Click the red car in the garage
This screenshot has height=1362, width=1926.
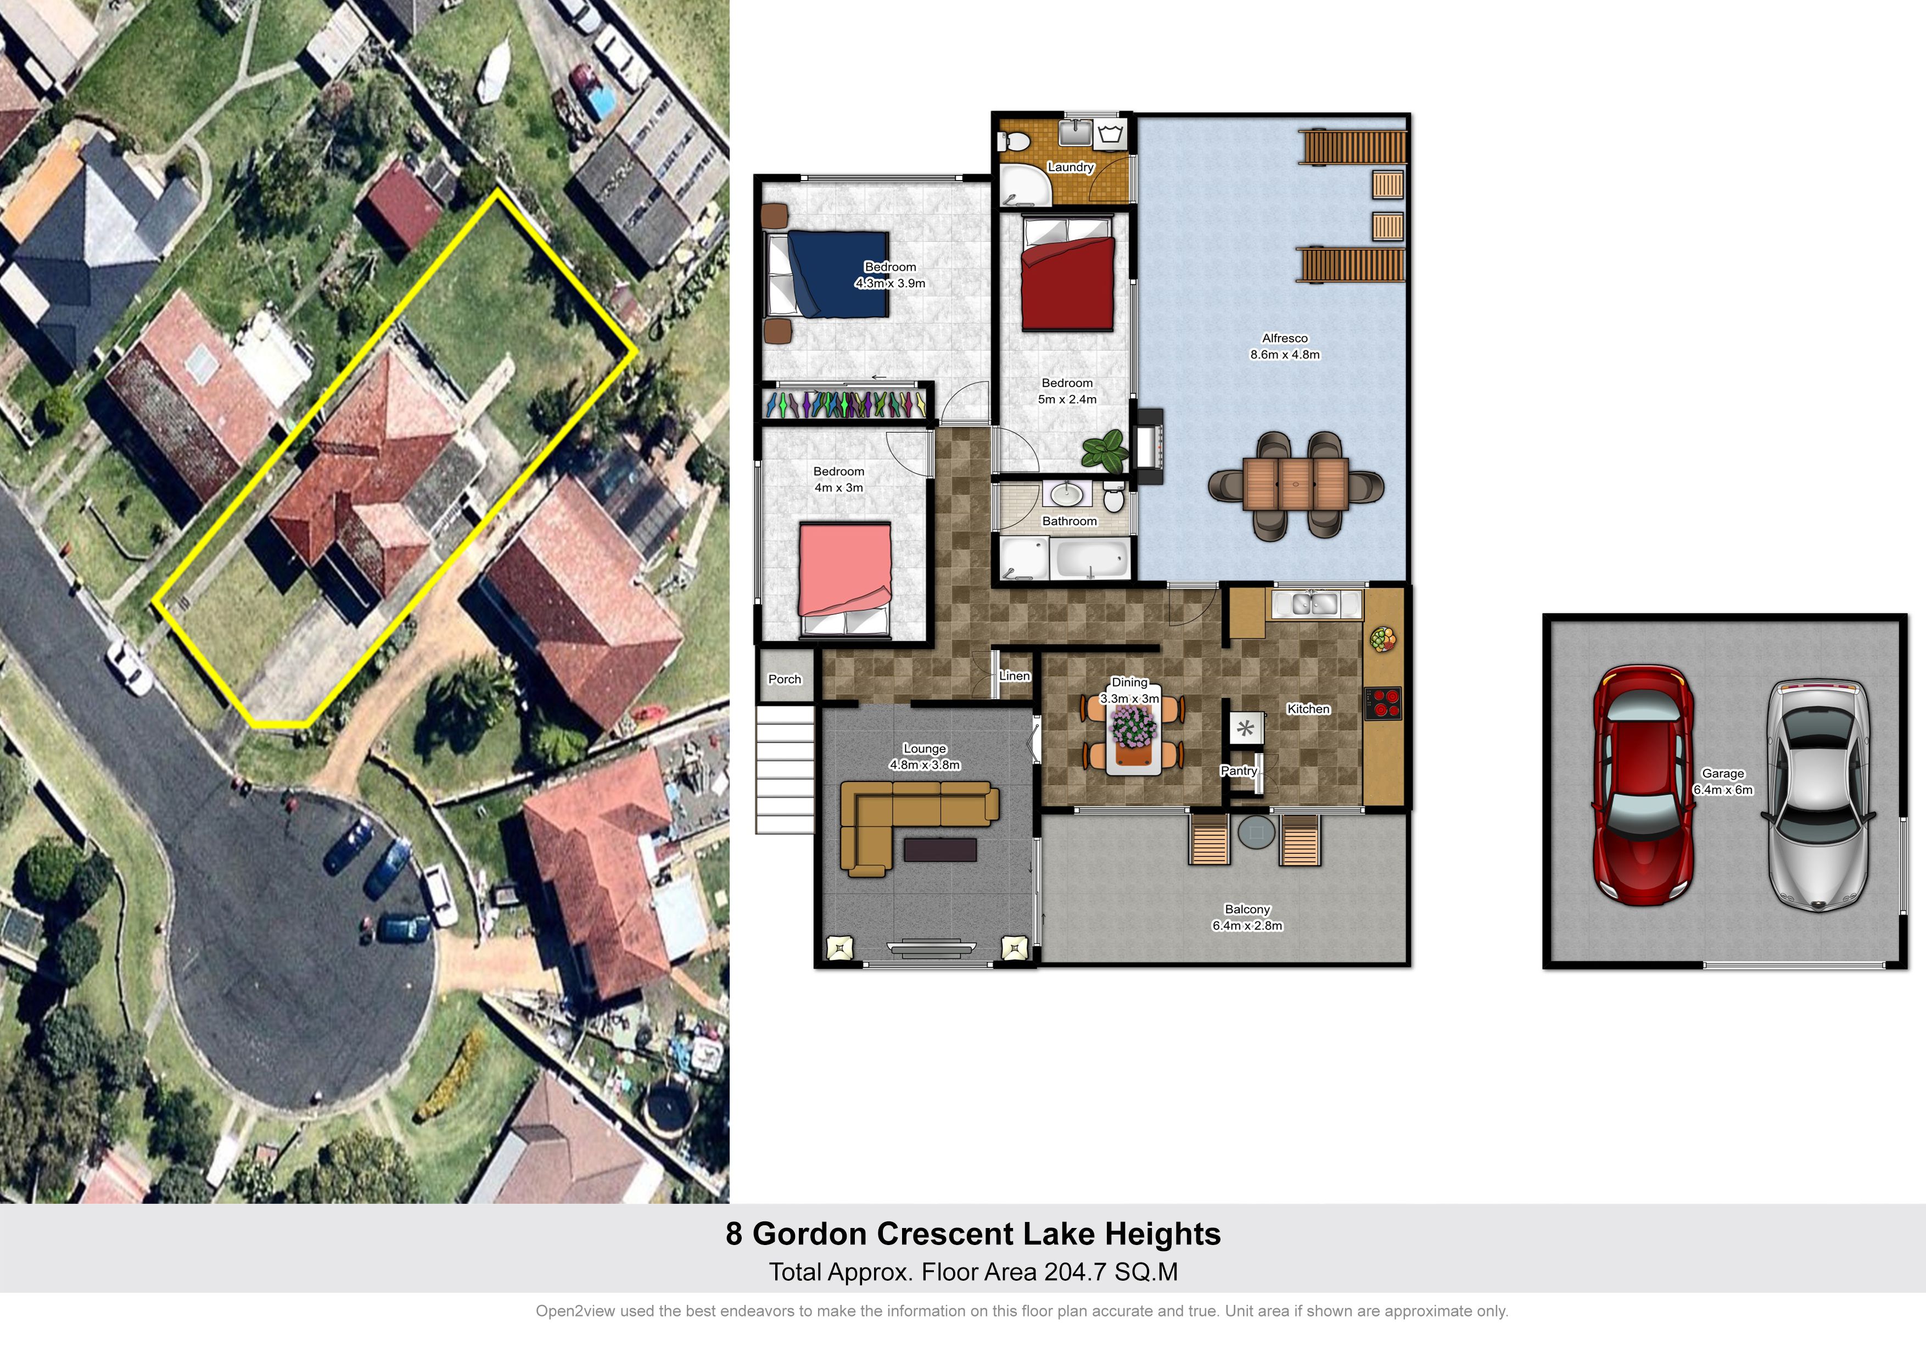[1643, 785]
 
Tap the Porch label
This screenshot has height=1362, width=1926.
[785, 679]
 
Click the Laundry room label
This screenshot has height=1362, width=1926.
[1071, 167]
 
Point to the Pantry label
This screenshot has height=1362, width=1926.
[1238, 771]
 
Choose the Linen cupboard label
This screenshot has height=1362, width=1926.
[1014, 676]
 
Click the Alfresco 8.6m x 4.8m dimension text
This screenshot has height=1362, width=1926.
[1284, 347]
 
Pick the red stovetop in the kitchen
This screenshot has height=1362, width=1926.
[1382, 703]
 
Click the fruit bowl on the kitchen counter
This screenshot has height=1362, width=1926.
[1383, 639]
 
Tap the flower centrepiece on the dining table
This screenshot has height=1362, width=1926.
[1133, 726]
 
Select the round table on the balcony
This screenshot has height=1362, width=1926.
[1256, 833]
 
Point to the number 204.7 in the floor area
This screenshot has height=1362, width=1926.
[1074, 1272]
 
